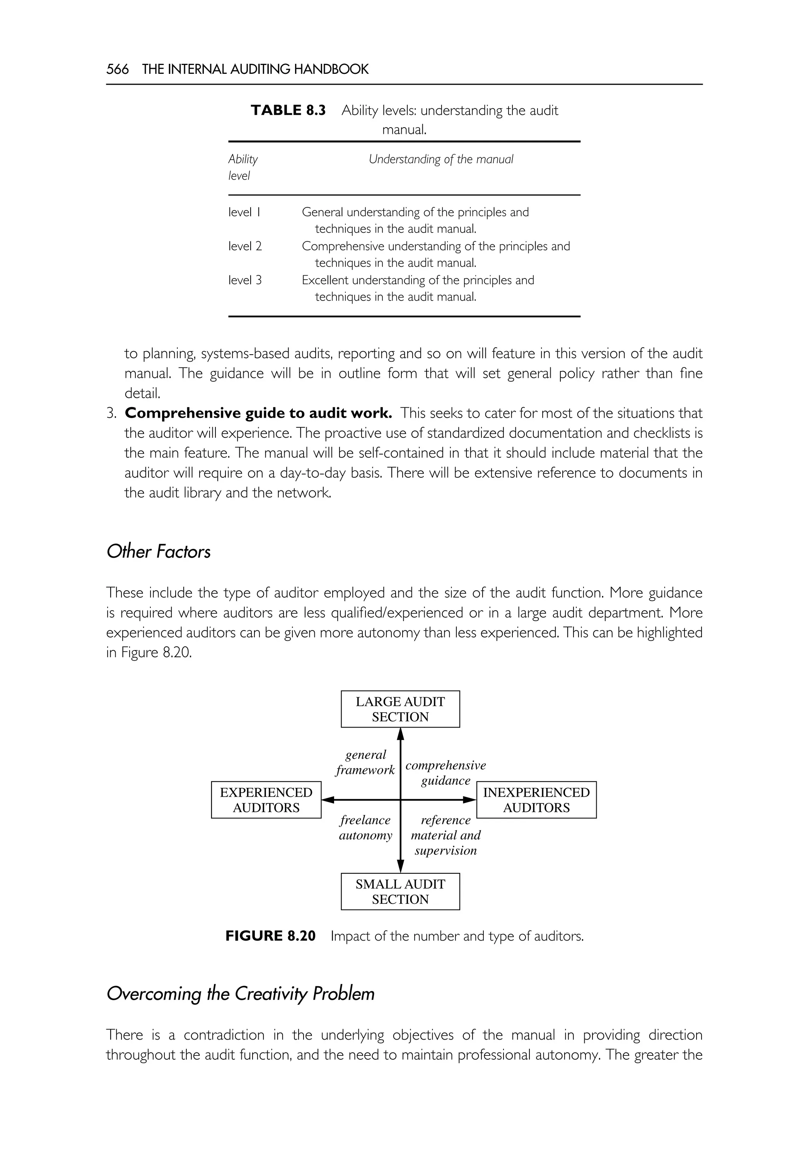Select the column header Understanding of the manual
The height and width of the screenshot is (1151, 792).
pyautogui.click(x=440, y=159)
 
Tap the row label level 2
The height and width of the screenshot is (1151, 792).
pyautogui.click(x=245, y=246)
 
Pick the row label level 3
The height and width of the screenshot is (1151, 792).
pyautogui.click(x=245, y=280)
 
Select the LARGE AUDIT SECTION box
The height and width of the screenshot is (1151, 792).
pyautogui.click(x=400, y=709)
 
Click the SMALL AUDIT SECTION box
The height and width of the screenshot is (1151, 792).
pyautogui.click(x=400, y=891)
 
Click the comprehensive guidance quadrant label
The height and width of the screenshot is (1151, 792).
pyautogui.click(x=445, y=773)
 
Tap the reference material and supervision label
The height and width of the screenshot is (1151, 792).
pyautogui.click(x=445, y=835)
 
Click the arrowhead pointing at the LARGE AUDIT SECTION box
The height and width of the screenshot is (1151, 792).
pyautogui.click(x=401, y=734)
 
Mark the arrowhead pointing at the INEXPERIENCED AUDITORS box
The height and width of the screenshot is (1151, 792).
pyautogui.click(x=469, y=799)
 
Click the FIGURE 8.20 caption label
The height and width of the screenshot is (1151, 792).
pyautogui.click(x=270, y=936)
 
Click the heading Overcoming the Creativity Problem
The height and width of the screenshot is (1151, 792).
pyautogui.click(x=240, y=993)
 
